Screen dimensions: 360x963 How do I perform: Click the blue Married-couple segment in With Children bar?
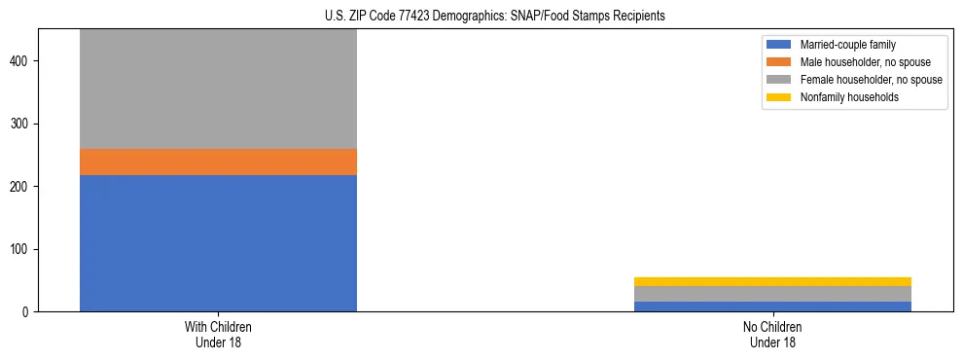click(218, 243)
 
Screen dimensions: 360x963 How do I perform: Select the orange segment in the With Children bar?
click(218, 162)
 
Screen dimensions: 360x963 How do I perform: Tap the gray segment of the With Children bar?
click(218, 89)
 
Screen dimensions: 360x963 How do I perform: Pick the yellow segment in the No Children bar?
click(772, 282)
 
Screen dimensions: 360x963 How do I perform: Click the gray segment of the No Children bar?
click(772, 294)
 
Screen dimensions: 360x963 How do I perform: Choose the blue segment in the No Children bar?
click(772, 306)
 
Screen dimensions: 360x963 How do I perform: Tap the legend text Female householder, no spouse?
click(871, 80)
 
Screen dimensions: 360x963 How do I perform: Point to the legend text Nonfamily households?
click(848, 97)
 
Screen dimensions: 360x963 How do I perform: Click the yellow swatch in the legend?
click(779, 97)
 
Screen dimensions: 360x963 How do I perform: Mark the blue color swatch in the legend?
click(779, 45)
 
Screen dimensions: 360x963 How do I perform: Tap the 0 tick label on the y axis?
click(28, 312)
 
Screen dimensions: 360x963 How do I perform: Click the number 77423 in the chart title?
click(413, 16)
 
